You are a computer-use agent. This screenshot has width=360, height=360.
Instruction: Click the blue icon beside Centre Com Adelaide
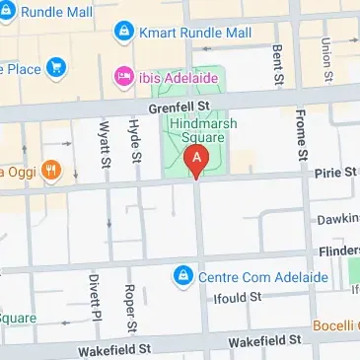pos(181,275)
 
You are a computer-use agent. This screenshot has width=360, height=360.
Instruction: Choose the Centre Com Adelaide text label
pos(260,275)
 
